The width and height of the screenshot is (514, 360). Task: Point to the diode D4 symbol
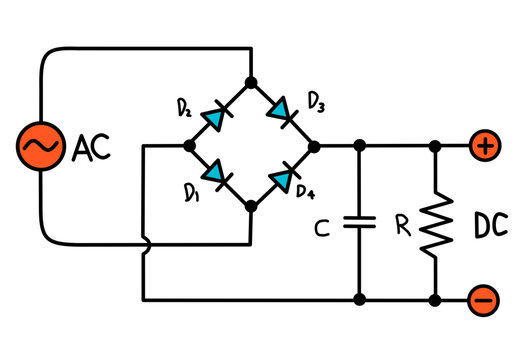click(x=283, y=178)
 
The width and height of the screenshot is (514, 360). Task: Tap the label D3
click(x=315, y=100)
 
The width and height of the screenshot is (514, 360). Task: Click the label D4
click(x=306, y=190)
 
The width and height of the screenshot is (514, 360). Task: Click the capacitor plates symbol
click(x=358, y=222)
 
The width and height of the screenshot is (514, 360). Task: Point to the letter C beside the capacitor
click(x=321, y=230)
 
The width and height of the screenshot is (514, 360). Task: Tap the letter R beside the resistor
click(x=402, y=227)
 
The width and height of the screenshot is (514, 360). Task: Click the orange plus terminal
click(x=483, y=146)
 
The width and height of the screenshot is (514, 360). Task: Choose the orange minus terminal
click(x=483, y=298)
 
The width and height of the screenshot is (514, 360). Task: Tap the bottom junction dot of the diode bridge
click(x=251, y=206)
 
